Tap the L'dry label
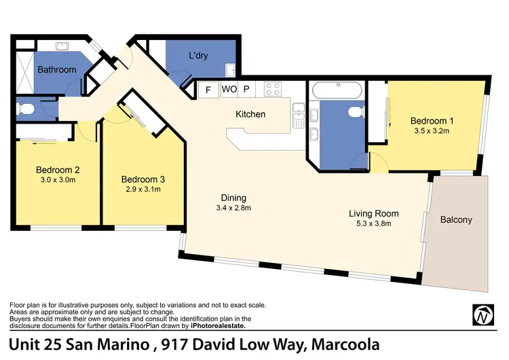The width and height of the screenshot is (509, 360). click(x=198, y=56)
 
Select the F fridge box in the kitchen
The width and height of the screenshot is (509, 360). click(x=208, y=89)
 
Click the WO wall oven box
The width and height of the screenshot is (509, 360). click(x=228, y=89)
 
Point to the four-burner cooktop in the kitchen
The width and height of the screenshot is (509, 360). click(x=273, y=89)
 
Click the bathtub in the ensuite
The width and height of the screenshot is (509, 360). click(x=338, y=90)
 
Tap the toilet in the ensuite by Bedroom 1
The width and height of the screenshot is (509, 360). click(x=353, y=113)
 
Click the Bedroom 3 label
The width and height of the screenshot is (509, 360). click(x=143, y=179)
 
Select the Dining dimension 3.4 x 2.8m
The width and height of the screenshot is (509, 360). click(x=233, y=209)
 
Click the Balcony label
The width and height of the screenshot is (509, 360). click(x=455, y=219)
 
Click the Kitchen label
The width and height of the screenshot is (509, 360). click(x=250, y=114)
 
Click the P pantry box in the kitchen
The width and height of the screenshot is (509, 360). click(x=246, y=89)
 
